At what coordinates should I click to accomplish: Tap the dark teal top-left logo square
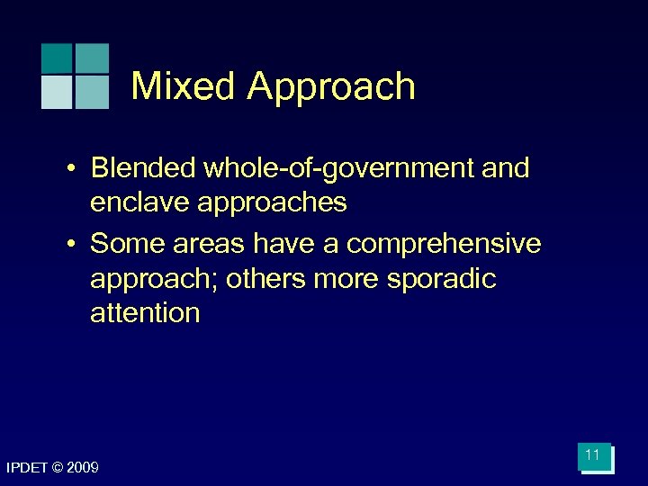click(x=57, y=58)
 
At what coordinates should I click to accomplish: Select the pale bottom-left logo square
click(x=57, y=93)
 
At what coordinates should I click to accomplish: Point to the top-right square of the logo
click(x=92, y=58)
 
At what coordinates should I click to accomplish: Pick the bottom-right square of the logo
click(x=92, y=93)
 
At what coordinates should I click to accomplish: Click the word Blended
click(x=144, y=168)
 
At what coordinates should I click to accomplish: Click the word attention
click(x=145, y=313)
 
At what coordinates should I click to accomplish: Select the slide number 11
click(x=592, y=455)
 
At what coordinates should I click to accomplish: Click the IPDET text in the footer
click(x=27, y=468)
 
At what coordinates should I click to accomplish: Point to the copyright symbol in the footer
click(x=59, y=468)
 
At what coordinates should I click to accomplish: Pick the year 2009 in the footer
click(x=84, y=468)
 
